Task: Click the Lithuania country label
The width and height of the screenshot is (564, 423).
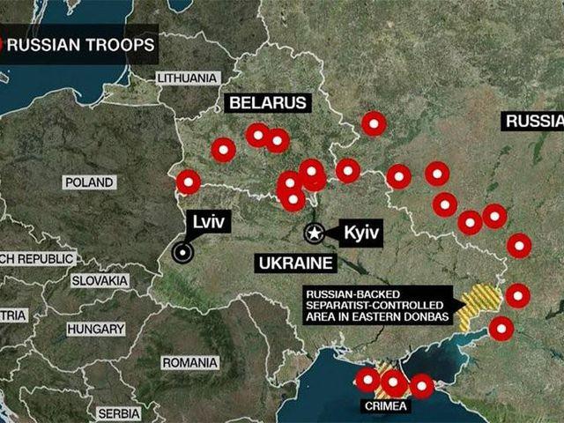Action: (187, 78)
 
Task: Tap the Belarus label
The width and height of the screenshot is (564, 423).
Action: (269, 103)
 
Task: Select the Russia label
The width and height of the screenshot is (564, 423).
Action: (533, 122)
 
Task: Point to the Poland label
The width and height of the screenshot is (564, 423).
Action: (90, 182)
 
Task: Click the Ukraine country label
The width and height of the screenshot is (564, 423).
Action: (295, 263)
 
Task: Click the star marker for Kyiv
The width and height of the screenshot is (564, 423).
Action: (314, 234)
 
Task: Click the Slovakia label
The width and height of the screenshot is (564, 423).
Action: (100, 280)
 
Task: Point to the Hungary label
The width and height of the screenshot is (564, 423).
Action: (94, 328)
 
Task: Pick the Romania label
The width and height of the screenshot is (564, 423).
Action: (189, 362)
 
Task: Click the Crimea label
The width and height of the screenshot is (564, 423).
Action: (385, 406)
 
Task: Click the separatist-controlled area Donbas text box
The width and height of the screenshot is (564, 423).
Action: (375, 305)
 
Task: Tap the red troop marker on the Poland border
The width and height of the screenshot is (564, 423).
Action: (188, 182)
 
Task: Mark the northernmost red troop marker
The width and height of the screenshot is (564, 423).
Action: (374, 124)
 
